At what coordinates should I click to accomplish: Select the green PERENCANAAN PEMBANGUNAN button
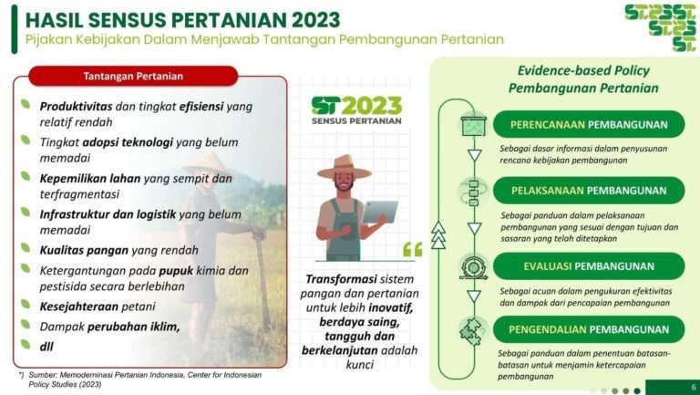[x=588, y=124]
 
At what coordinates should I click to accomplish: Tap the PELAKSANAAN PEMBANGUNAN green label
[x=588, y=191]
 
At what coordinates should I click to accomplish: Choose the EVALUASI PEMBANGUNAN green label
[x=588, y=266]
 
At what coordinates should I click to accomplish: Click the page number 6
[x=694, y=387]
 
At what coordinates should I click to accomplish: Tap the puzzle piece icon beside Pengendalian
[x=473, y=329]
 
